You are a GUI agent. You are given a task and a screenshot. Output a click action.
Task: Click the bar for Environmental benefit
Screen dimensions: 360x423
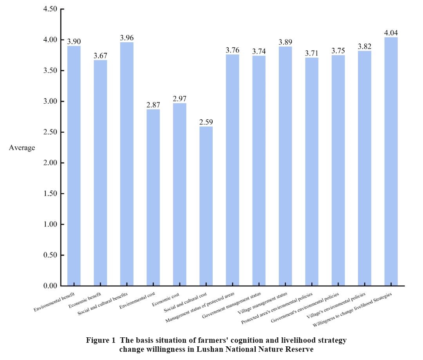[74, 166]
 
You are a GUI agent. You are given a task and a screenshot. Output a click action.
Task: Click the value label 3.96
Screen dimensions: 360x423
[127, 38]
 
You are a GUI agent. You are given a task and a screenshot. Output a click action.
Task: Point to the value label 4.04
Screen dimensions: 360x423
[391, 33]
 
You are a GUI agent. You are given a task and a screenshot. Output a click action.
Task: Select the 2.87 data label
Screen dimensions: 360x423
[153, 105]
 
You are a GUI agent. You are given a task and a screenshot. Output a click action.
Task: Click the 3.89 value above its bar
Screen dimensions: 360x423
[285, 42]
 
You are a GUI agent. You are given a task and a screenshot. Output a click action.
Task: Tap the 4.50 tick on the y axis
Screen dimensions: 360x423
[50, 9]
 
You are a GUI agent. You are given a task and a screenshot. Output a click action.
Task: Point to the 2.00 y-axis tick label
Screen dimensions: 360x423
[50, 163]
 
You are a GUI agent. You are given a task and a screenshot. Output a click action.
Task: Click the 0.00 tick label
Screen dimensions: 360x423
[50, 286]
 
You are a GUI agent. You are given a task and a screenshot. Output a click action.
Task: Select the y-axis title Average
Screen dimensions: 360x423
[22, 148]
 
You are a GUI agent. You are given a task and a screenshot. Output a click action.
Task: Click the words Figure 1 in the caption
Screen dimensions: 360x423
[99, 340]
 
